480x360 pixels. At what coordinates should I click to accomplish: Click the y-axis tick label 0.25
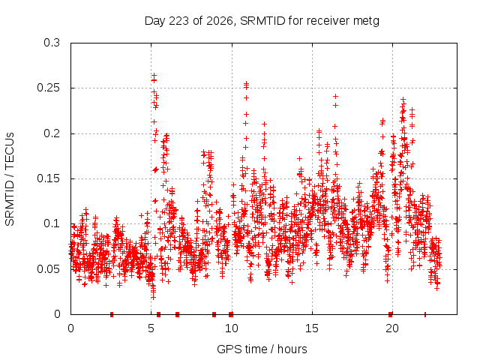click(48, 88)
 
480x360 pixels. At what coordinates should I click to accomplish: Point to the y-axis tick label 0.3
click(52, 43)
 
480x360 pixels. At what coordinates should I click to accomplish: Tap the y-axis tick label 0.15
click(48, 178)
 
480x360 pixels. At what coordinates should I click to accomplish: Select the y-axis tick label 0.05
click(48, 269)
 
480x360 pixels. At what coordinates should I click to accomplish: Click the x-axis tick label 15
click(312, 328)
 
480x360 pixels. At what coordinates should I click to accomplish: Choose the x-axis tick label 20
click(392, 328)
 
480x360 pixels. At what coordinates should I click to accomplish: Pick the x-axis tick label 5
click(151, 328)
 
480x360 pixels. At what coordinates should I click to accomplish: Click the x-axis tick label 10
click(232, 328)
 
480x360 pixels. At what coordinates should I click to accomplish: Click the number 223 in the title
click(179, 21)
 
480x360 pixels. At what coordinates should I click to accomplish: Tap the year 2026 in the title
click(219, 21)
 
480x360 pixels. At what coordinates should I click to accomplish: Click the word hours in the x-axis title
click(292, 349)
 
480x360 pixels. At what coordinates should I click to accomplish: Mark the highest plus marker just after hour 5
click(154, 75)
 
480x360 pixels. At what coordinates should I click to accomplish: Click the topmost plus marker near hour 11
click(246, 83)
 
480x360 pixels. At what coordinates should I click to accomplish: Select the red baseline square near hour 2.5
click(112, 314)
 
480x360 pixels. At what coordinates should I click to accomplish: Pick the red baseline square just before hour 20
click(390, 314)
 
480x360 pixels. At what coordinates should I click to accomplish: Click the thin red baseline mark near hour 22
click(425, 314)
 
